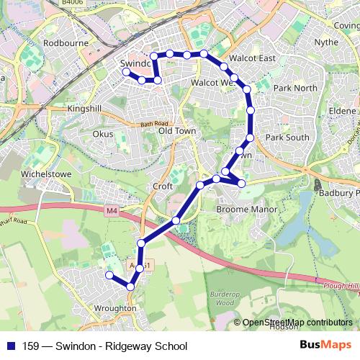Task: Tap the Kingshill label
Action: [85, 108]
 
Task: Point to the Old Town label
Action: [177, 131]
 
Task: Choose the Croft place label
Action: [163, 186]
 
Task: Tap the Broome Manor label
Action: [242, 210]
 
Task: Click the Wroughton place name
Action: [115, 308]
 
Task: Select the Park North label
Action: [295, 88]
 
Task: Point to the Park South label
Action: [287, 137]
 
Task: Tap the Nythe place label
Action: [326, 42]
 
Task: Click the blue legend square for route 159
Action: [11, 346]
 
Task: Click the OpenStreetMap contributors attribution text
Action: [297, 323]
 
